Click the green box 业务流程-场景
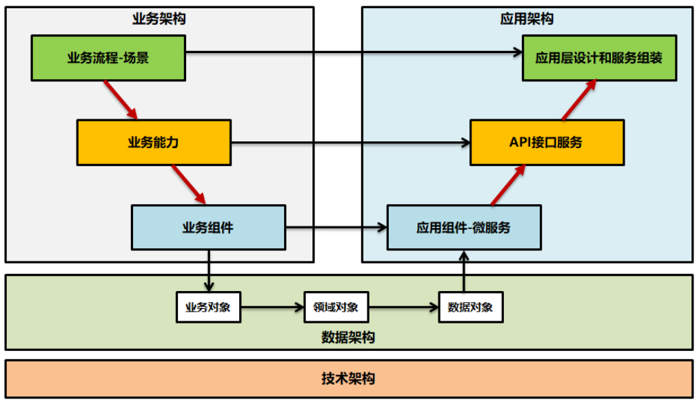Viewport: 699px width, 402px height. tap(108, 58)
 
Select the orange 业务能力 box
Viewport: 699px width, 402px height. tap(154, 143)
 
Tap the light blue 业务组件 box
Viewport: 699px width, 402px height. tap(208, 227)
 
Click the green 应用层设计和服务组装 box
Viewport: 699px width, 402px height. tap(598, 58)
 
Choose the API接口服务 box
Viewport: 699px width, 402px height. tap(547, 143)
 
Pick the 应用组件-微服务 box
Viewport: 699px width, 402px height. tap(463, 227)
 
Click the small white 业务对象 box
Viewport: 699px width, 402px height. tap(208, 307)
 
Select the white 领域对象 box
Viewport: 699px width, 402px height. tap(336, 307)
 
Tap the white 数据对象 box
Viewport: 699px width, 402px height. tap(470, 307)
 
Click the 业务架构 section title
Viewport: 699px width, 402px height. tap(159, 19)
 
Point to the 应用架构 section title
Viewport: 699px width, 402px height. tap(527, 19)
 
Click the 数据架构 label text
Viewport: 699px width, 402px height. tap(348, 338)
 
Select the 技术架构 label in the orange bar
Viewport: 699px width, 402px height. tap(348, 379)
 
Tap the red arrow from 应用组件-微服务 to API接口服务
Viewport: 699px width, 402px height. tap(508, 184)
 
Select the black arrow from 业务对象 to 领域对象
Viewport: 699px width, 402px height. tap(272, 307)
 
